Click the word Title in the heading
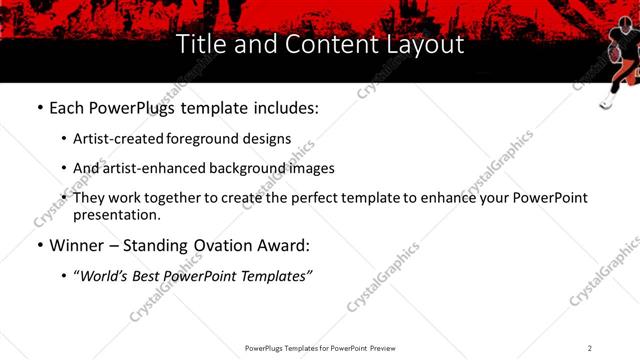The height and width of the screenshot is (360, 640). click(x=199, y=45)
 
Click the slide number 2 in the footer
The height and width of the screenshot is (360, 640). click(x=590, y=347)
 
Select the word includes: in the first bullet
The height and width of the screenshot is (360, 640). click(x=284, y=107)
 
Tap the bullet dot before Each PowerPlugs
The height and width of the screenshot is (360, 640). click(x=39, y=107)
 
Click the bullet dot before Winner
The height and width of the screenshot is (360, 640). click(x=39, y=245)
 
